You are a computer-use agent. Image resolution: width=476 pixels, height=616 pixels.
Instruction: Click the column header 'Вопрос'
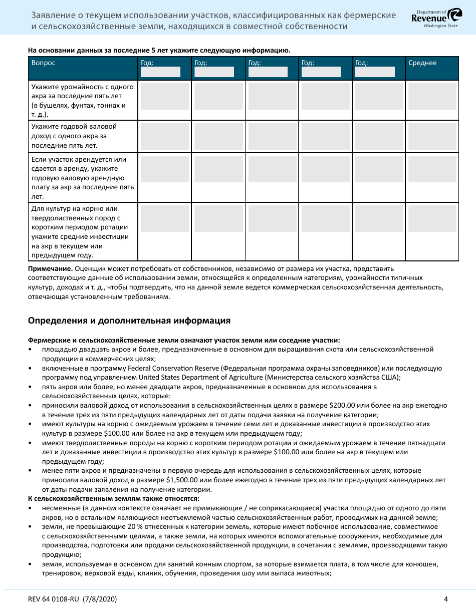pos(44,63)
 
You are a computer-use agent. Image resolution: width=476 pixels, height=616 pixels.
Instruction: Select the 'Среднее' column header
pos(422,63)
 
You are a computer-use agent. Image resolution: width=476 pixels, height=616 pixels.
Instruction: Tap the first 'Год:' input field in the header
pos(160,72)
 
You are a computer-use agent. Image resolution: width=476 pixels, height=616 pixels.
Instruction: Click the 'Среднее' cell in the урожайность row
pos(432,96)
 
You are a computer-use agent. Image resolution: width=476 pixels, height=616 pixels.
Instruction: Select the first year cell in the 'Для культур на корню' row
pos(164,218)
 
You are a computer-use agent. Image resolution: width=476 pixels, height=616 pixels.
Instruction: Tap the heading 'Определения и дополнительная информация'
pos(129,321)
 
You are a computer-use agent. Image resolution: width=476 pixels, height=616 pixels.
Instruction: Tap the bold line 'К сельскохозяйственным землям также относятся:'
pos(114,498)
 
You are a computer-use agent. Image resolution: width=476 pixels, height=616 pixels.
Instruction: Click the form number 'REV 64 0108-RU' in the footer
pos(59,599)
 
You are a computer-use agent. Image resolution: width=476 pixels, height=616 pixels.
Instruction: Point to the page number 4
pos(445,599)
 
